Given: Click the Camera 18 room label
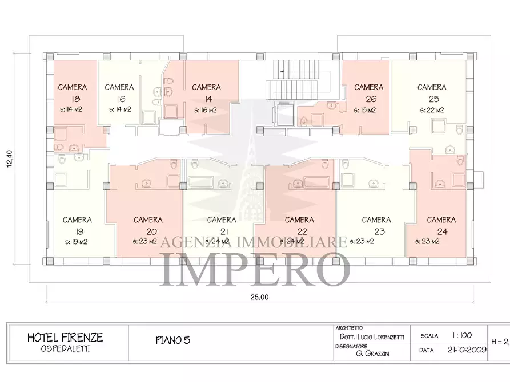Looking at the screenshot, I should [73, 93].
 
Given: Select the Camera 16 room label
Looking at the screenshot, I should [119, 93].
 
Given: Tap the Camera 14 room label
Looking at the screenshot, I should [206, 93].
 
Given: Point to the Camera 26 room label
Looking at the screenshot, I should [368, 93].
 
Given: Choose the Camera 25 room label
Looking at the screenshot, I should [432, 93].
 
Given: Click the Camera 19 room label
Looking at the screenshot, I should [77, 225].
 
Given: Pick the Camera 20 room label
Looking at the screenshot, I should [148, 225].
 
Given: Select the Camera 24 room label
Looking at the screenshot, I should [441, 225].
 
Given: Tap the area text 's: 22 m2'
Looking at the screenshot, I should [432, 110].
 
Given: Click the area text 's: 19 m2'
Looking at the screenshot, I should [77, 241].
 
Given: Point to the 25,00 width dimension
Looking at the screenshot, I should [259, 296].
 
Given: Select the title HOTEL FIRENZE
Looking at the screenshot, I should [65, 338].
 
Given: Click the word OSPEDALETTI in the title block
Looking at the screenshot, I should [65, 348].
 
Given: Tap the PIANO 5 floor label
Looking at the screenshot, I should [172, 340].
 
